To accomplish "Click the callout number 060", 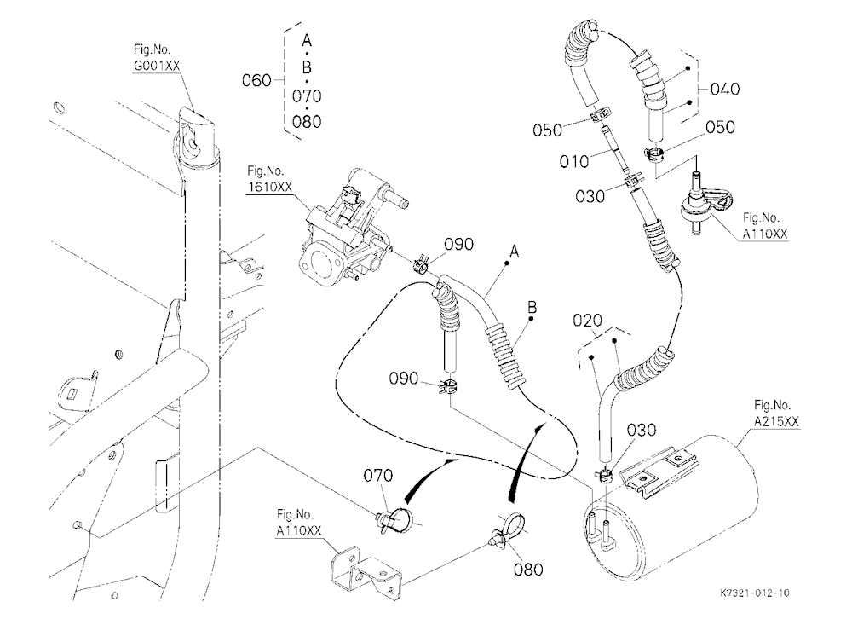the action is pyautogui.click(x=256, y=80).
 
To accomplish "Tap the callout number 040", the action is pyautogui.click(x=725, y=89).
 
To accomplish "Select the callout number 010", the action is pyautogui.click(x=574, y=161).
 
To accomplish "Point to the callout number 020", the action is pyautogui.click(x=587, y=321).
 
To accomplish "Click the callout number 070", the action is pyautogui.click(x=377, y=476).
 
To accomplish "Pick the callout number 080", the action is pyautogui.click(x=528, y=570).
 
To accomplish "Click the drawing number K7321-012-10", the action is pyautogui.click(x=755, y=593).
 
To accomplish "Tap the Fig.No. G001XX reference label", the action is pyautogui.click(x=157, y=58).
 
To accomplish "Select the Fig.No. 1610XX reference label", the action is pyautogui.click(x=270, y=179).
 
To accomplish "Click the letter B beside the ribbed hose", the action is pyautogui.click(x=532, y=308).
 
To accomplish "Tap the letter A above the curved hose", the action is pyautogui.click(x=514, y=252).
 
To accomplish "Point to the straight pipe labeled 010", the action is pyautogui.click(x=617, y=150).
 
